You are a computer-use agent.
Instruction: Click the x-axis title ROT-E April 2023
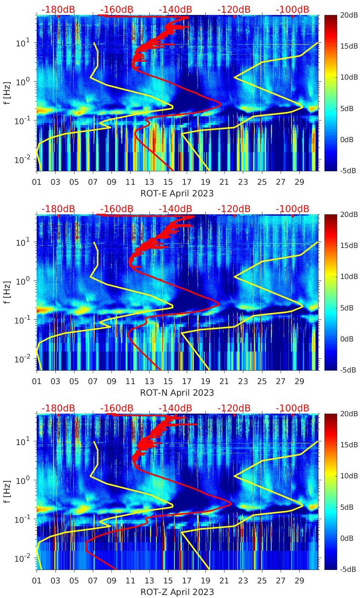point(177,193)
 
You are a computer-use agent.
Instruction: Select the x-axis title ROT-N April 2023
point(177,393)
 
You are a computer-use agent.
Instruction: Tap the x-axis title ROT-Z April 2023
point(177,592)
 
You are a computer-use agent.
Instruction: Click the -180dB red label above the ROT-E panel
point(58,9)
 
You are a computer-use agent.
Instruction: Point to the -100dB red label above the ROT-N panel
point(293,209)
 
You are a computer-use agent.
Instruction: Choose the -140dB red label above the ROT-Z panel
point(175,408)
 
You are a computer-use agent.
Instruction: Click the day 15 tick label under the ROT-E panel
point(168,182)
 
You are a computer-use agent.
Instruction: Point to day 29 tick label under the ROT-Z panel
point(299,581)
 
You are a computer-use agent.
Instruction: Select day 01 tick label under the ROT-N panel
point(37,381)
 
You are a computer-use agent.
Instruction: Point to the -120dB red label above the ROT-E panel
point(234,9)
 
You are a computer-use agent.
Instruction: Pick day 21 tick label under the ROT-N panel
point(224,381)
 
